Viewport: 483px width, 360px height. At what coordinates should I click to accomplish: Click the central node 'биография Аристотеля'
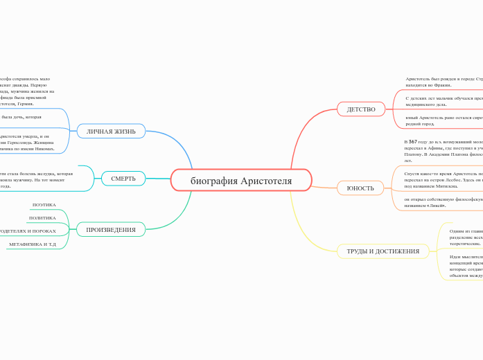point(241,181)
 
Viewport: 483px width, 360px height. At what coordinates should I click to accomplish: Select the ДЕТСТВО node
point(361,109)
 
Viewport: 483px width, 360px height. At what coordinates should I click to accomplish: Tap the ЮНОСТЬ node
point(360,188)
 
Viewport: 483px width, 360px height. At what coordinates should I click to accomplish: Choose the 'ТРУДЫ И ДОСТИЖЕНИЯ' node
point(383,251)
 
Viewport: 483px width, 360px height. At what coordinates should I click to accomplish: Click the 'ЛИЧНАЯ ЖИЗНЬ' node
point(111,131)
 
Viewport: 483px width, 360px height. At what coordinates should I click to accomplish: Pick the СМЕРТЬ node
point(123,179)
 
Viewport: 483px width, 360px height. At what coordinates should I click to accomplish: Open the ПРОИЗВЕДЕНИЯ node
point(111,229)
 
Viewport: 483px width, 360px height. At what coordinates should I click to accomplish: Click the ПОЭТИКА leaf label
point(44,205)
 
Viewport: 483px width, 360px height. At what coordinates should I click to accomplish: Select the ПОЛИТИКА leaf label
point(42,218)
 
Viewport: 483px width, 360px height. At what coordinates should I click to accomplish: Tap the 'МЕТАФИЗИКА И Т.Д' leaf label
point(33,244)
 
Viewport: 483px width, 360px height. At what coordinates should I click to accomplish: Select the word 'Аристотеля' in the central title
point(266,181)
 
